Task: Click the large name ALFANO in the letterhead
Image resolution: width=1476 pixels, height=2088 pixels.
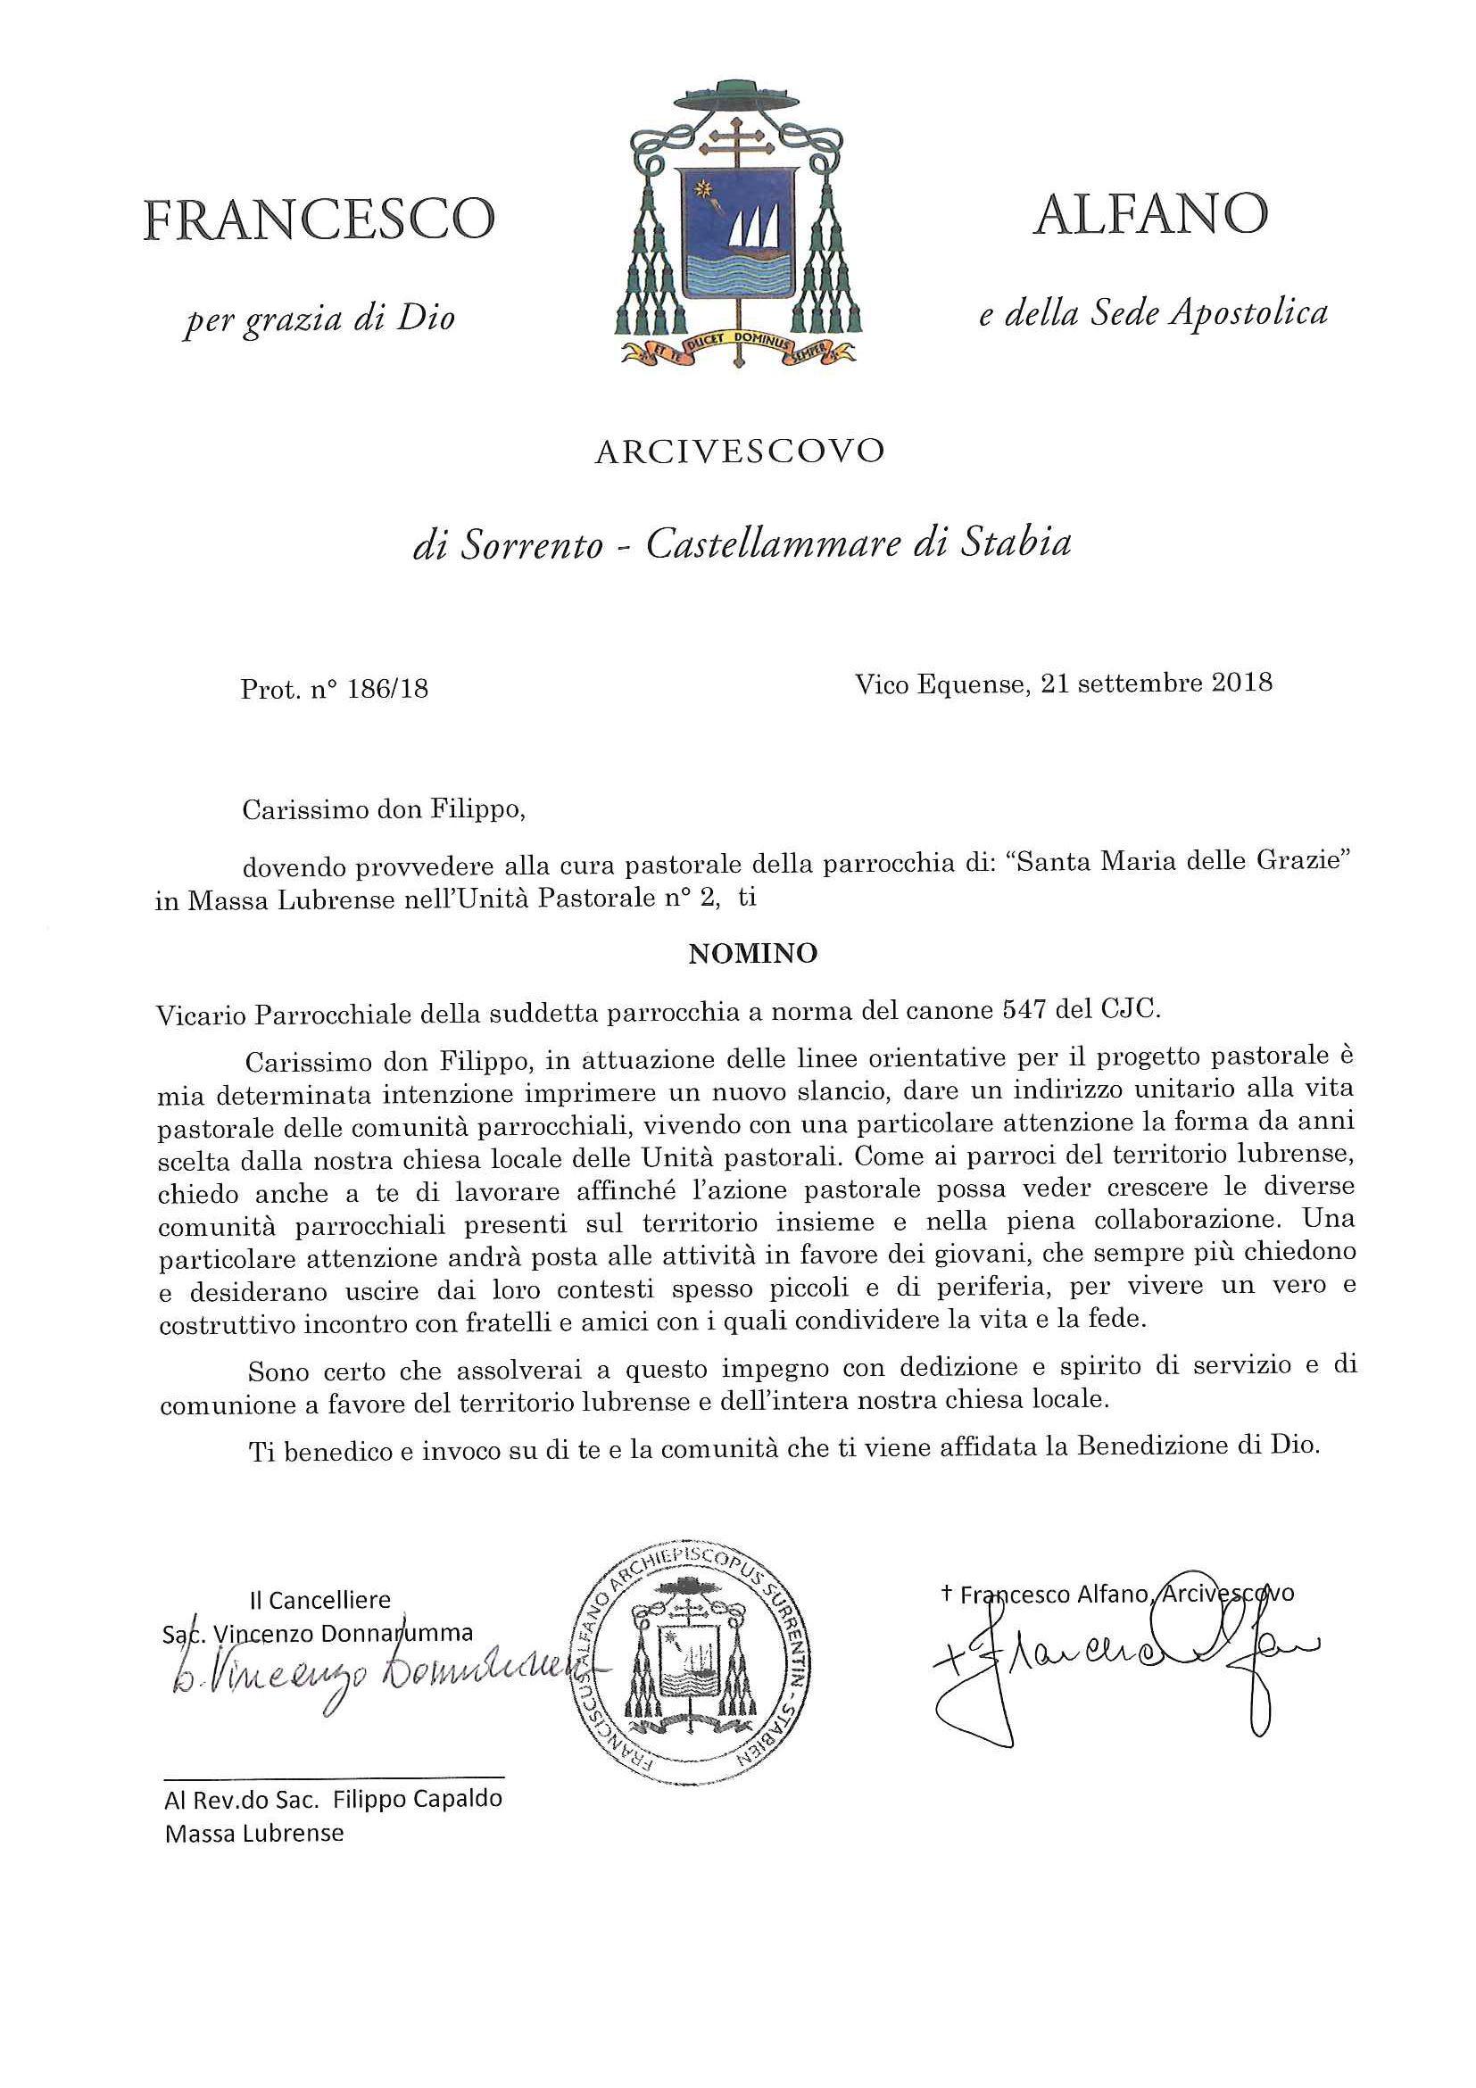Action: [1149, 215]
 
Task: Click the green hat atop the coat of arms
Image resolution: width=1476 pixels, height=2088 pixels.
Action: [739, 95]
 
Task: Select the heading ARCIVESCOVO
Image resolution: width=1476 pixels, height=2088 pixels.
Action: [739, 452]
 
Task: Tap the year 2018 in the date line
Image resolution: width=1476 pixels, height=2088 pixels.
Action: [1241, 682]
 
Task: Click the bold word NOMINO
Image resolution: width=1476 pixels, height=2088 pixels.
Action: [753, 953]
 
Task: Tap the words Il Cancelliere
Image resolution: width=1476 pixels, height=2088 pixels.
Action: [320, 1599]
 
